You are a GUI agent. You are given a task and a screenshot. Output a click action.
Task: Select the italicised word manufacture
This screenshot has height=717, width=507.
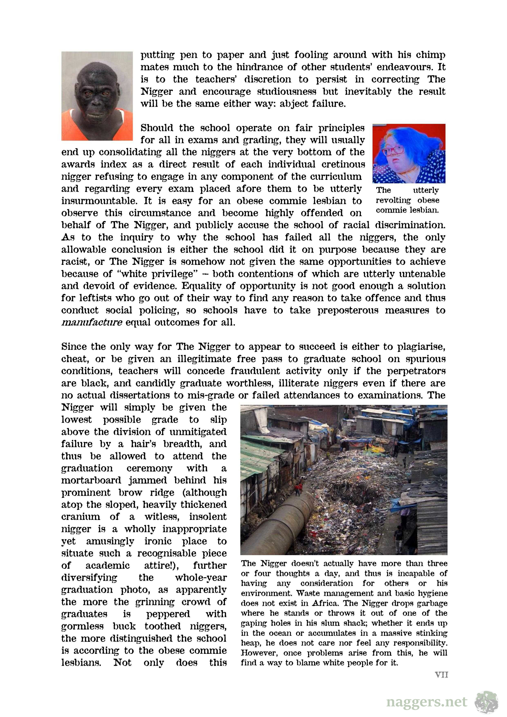(x=92, y=322)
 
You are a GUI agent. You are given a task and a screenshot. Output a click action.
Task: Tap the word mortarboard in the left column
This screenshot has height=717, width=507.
(x=91, y=480)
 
